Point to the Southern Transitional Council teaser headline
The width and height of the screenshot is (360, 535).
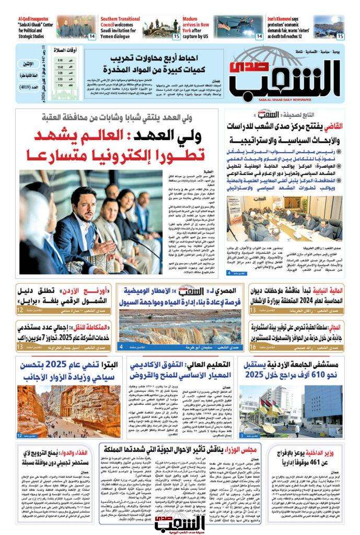pyautogui.click(x=119, y=24)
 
